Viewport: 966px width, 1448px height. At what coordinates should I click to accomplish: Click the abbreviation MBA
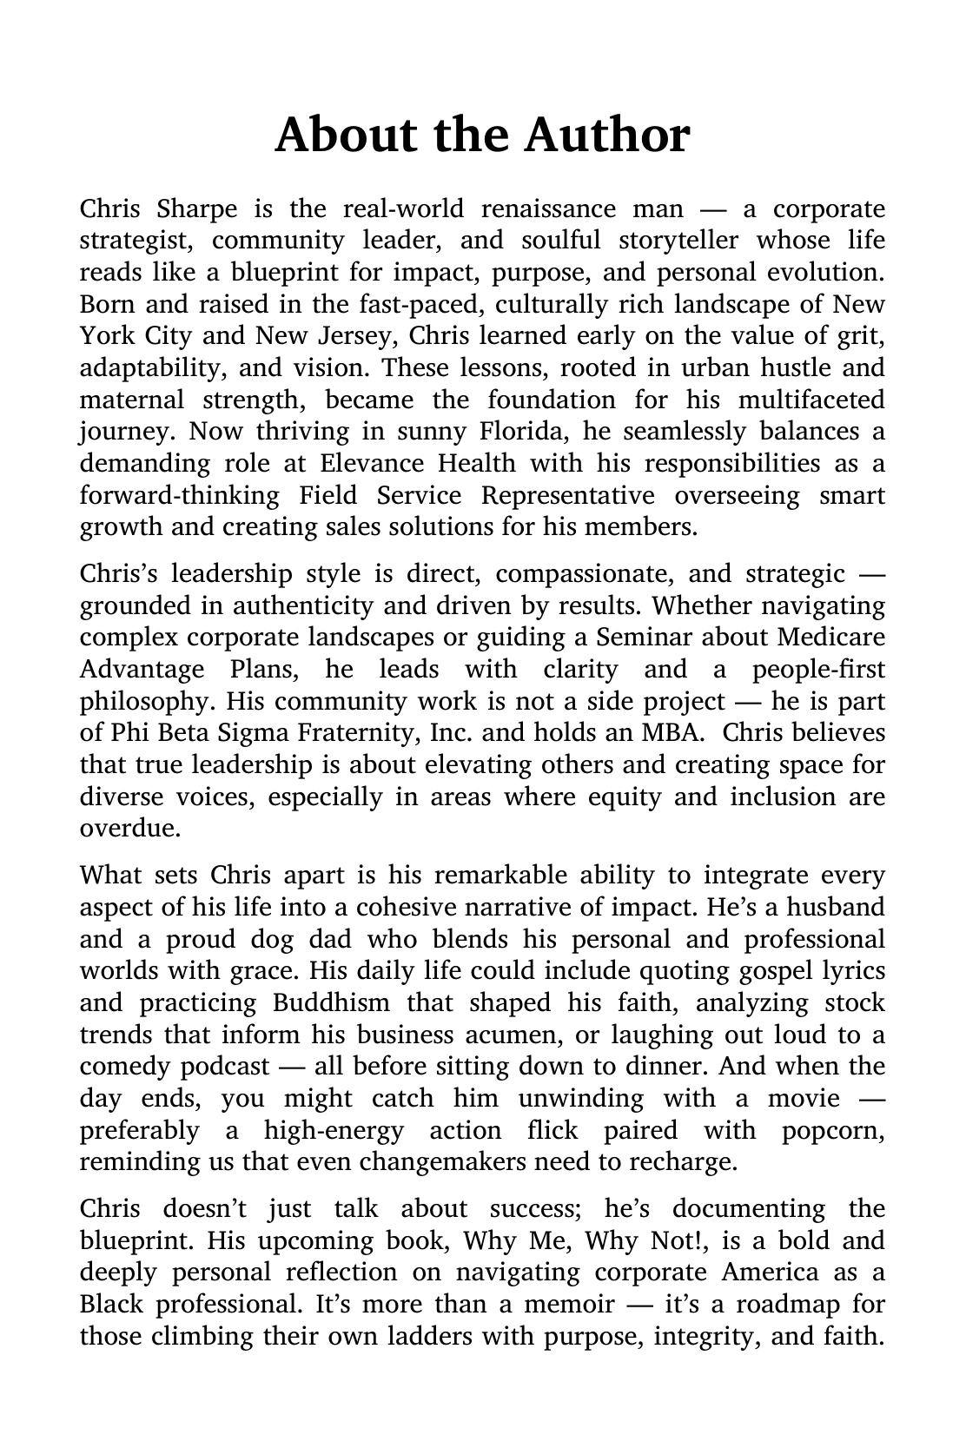671,733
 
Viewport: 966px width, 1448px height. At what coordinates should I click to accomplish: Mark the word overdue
129,829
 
